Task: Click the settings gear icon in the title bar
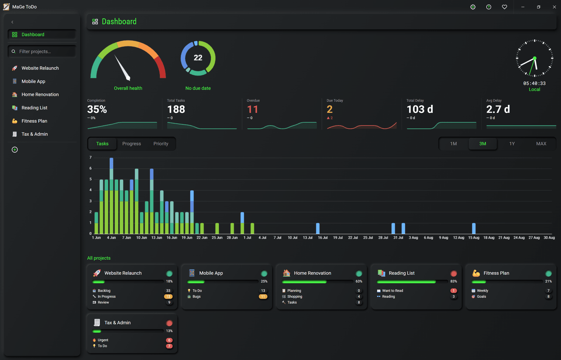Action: point(473,7)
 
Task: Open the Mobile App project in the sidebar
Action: point(33,81)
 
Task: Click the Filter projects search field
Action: point(42,51)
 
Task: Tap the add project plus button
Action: point(15,150)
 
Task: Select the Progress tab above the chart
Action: point(131,144)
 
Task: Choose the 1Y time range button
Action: point(512,144)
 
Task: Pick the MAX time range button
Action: point(541,144)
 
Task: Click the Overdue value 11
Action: point(252,109)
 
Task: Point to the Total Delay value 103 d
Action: point(420,109)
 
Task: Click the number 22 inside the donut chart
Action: point(198,58)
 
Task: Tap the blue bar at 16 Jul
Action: point(318,228)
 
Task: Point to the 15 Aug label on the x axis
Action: point(474,238)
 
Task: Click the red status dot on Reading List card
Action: point(454,273)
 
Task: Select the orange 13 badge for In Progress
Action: point(168,296)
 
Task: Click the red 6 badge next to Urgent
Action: point(169,340)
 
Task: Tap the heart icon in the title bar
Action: point(505,7)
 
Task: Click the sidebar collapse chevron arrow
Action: point(12,22)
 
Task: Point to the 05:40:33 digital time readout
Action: point(534,83)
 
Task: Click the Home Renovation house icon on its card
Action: point(286,273)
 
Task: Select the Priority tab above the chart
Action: point(161,144)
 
